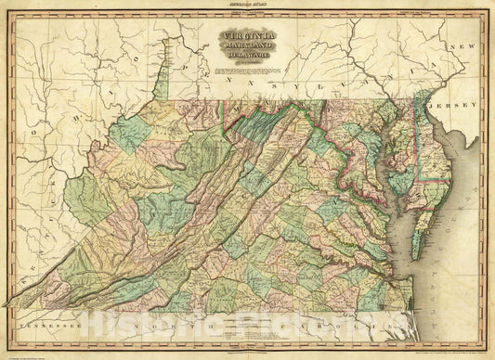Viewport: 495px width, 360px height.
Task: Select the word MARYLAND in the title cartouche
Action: (x=243, y=50)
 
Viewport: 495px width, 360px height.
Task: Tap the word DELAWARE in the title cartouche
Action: (x=243, y=61)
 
